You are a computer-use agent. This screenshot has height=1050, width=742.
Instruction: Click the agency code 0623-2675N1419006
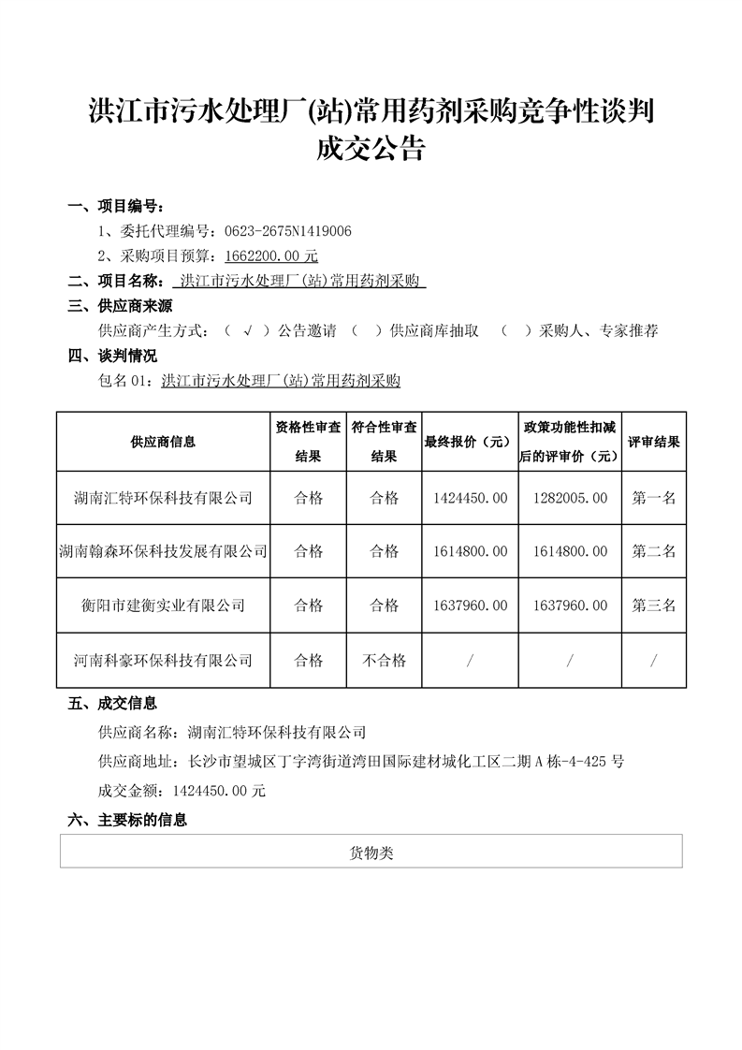[x=284, y=230]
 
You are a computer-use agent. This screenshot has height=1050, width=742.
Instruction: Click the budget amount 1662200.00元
[x=271, y=255]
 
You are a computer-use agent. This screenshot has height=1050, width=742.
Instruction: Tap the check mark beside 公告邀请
[x=247, y=330]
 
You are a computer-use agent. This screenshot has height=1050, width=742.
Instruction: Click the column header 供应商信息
[x=163, y=442]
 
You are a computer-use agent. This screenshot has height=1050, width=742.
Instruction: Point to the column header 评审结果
[x=653, y=442]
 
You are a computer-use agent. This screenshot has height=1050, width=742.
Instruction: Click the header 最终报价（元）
[x=465, y=442]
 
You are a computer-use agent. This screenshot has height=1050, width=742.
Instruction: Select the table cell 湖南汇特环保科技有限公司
[x=163, y=498]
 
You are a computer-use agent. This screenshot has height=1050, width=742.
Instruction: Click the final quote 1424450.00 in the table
[x=465, y=498]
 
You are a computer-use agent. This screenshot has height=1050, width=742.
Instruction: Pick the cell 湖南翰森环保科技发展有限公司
[x=163, y=552]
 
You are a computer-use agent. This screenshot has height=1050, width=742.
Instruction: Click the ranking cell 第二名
[x=653, y=552]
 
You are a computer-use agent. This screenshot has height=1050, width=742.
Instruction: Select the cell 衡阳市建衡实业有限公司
[x=163, y=605]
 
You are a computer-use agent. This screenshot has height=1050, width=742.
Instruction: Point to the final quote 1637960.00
[x=465, y=605]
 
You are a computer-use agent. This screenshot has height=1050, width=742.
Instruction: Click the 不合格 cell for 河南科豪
[x=384, y=661]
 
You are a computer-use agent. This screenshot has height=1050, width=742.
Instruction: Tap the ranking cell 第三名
[x=653, y=605]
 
